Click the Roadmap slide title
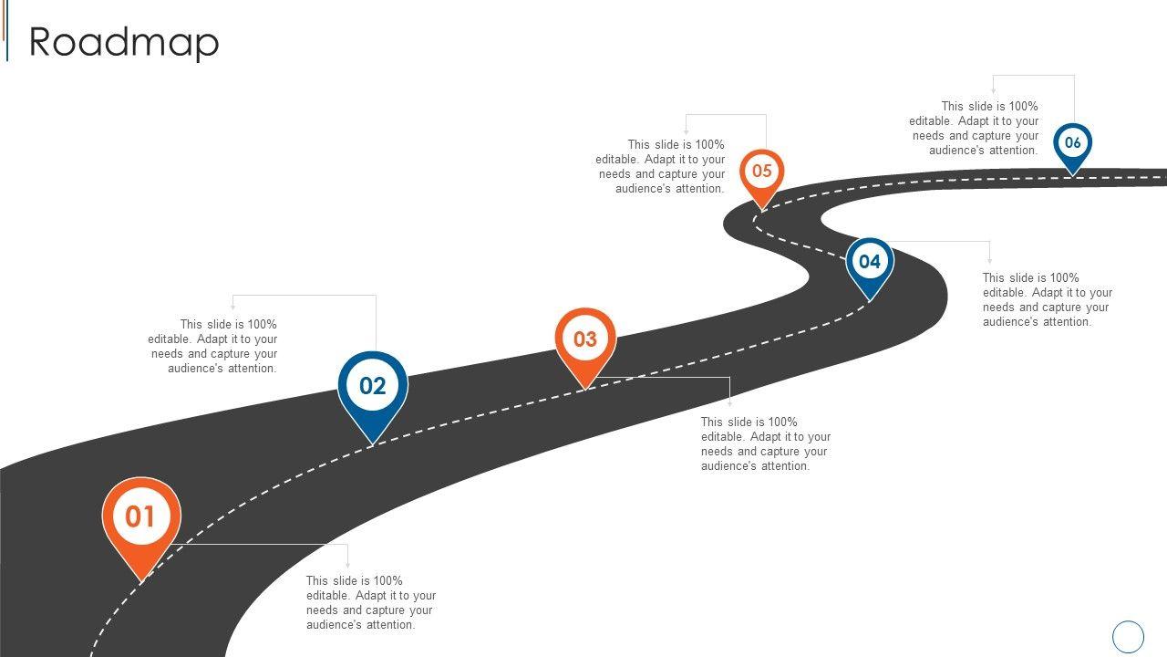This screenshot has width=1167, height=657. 124,42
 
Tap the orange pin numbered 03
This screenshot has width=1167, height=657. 585,340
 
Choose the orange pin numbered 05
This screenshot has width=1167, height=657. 762,172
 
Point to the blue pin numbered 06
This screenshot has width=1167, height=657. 1073,143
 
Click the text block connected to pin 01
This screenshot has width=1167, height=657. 370,602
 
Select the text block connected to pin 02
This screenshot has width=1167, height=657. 213,346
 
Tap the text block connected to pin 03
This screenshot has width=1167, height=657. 765,443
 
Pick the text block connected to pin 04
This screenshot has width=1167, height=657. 1047,299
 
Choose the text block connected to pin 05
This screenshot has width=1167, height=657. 661,166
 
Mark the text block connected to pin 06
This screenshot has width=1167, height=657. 974,128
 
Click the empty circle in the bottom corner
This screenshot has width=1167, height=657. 1129,636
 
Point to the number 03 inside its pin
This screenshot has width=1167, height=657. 585,339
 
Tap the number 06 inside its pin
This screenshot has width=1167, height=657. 1073,142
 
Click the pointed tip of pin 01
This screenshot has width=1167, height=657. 141,579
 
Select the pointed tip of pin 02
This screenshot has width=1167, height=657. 372,444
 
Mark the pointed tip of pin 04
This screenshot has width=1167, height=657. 870,299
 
